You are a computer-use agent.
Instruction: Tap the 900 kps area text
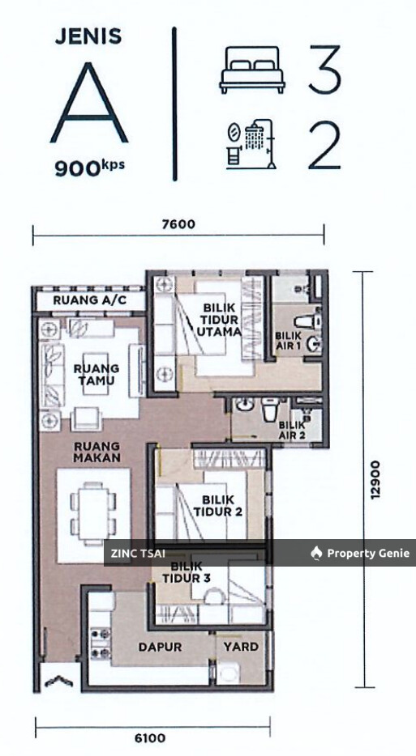[89, 168]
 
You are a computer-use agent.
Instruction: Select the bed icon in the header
[250, 70]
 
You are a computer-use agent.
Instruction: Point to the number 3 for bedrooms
[323, 70]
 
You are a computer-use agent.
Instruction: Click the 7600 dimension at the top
[178, 225]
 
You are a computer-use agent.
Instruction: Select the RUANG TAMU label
[96, 374]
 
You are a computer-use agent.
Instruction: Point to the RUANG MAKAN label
[96, 452]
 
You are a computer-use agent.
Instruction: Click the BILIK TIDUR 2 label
[217, 506]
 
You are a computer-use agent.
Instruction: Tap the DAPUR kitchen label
[160, 647]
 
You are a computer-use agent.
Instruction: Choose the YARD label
[241, 647]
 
